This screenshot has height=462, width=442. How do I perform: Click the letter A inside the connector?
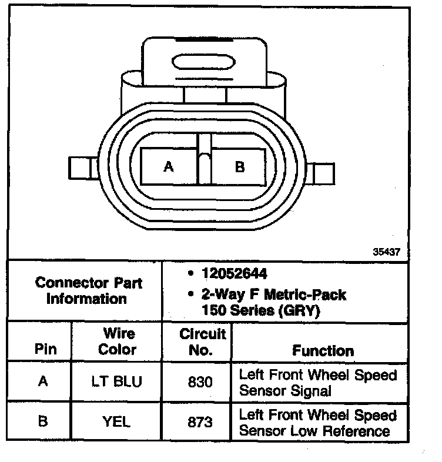[169, 167]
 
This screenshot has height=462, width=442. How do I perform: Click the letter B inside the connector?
[239, 167]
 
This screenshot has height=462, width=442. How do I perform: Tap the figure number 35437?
[386, 252]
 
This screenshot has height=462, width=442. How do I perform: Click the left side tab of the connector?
[79, 168]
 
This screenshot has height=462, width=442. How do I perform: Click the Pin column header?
[45, 349]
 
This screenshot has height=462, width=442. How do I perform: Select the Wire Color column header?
[117, 342]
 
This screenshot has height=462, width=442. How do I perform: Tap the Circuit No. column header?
[202, 342]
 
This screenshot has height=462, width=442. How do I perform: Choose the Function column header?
[323, 351]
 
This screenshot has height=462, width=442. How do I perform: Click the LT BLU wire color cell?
[117, 381]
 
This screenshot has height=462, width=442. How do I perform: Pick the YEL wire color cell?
[117, 421]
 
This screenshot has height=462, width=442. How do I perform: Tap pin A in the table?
[43, 381]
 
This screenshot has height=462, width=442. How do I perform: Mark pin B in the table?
[43, 421]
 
